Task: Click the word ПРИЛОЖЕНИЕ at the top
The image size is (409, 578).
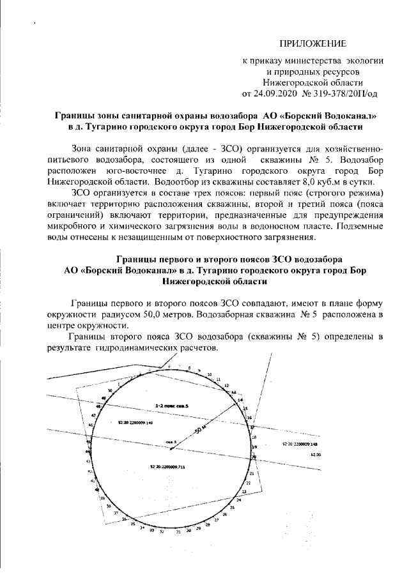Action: tap(313, 44)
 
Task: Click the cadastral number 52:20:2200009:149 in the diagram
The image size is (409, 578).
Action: tap(136, 423)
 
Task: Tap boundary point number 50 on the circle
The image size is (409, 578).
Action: tap(111, 390)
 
